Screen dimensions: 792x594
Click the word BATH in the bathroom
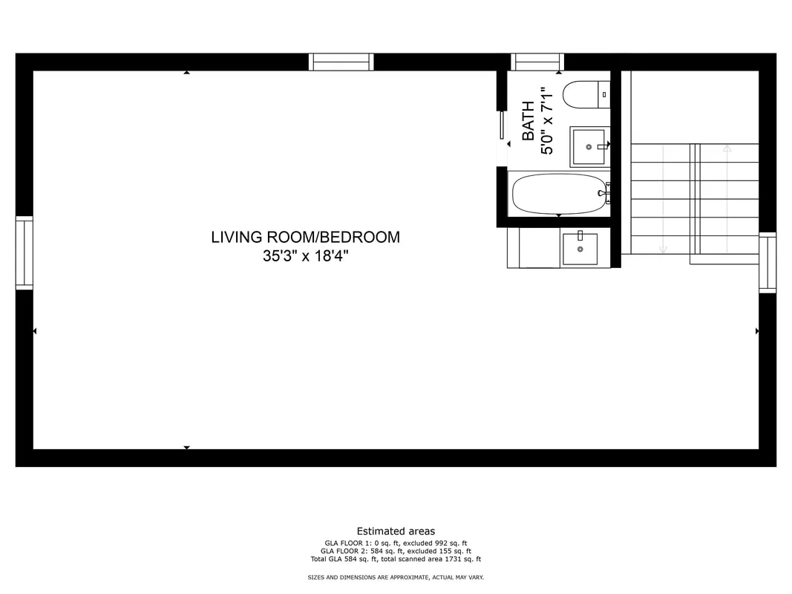tap(528, 121)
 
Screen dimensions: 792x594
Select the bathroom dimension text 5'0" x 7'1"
tap(547, 121)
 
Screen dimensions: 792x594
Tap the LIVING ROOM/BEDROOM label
tap(306, 237)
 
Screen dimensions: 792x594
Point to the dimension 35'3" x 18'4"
tap(306, 256)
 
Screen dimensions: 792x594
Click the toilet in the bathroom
tap(586, 94)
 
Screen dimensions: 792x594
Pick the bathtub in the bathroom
tap(560, 194)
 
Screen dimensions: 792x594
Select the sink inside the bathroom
tap(589, 146)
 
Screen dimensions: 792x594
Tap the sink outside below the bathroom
tap(580, 248)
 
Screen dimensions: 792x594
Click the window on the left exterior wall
tap(24, 253)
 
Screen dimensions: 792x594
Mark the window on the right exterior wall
tap(768, 263)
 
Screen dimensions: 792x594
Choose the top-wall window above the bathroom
tap(537, 62)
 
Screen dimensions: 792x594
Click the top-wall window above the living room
tap(341, 62)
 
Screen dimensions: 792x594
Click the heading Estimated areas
tap(396, 531)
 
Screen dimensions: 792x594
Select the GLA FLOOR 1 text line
tap(396, 543)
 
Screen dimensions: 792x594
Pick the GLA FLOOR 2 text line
tap(396, 551)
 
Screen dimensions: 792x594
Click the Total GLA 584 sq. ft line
tap(396, 559)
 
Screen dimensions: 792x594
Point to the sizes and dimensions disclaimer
tap(396, 578)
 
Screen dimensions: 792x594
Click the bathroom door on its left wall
tap(502, 125)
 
